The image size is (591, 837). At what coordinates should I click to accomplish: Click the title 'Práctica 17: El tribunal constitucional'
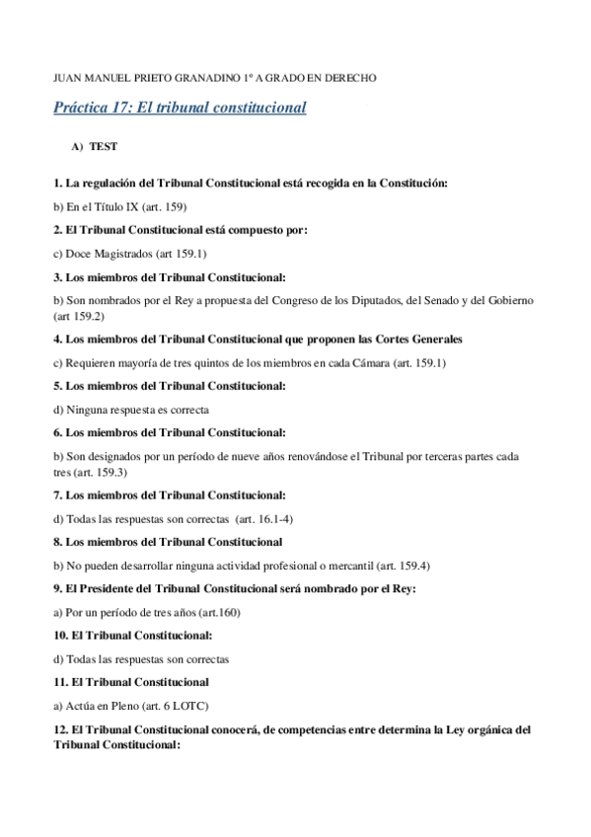coord(180,107)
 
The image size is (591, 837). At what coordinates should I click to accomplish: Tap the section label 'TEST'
coord(104,146)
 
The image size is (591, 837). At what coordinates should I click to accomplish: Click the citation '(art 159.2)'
coord(79,316)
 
